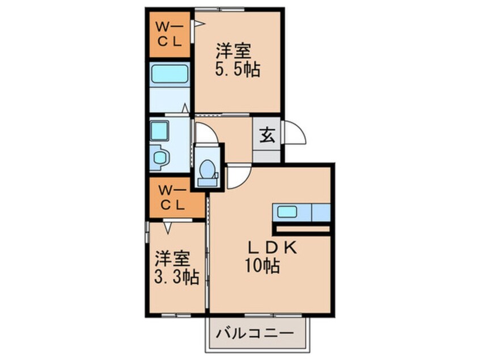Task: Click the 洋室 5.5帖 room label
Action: (238, 60)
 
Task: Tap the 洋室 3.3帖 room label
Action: (176, 267)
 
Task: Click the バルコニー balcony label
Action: (255, 333)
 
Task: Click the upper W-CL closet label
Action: (169, 34)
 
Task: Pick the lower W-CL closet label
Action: (172, 198)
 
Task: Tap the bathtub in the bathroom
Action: (169, 74)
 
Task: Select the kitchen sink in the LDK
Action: (287, 212)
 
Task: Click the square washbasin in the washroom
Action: (159, 131)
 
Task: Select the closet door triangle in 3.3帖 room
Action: (167, 228)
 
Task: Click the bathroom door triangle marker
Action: (185, 108)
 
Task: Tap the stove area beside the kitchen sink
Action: (321, 212)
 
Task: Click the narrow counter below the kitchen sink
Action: (303, 229)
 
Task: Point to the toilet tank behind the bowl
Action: (207, 183)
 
